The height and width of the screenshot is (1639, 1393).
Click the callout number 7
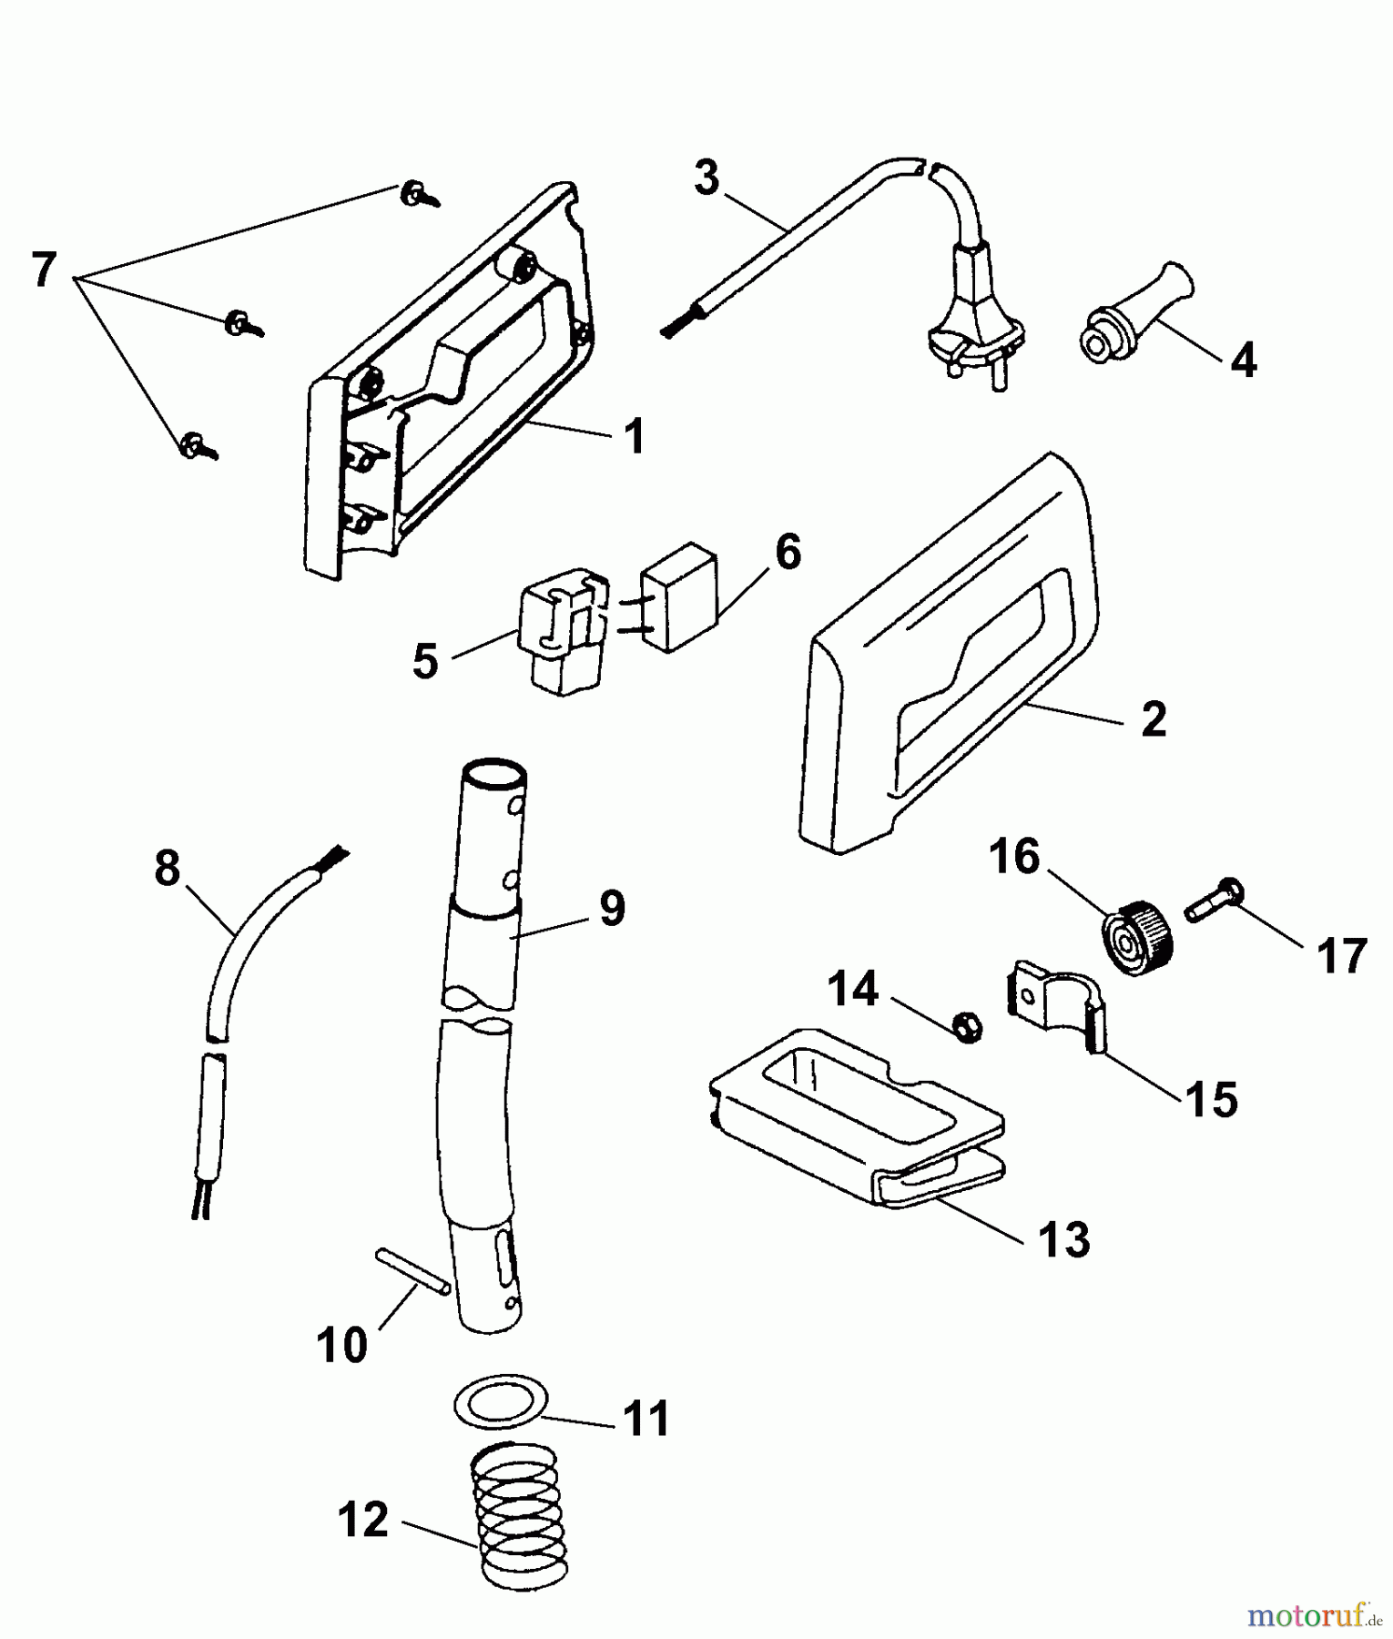tap(44, 270)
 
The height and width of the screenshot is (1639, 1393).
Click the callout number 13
tap(1063, 1240)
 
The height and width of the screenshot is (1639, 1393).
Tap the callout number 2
tap(1153, 720)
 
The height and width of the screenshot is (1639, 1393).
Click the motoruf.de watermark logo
tap(1309, 1615)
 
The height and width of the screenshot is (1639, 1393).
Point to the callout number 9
tap(612, 908)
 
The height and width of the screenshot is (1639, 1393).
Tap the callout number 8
tap(168, 869)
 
